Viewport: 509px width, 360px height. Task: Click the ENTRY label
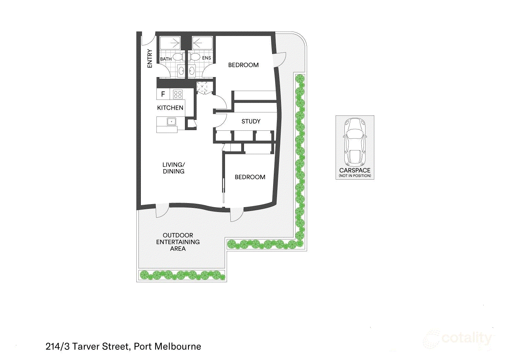150,58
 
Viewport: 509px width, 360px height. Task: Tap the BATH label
166,59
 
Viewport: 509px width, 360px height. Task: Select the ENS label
206,58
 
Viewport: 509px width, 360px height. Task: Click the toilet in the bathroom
177,56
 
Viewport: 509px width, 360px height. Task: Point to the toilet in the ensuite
195,56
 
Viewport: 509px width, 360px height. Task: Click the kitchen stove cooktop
178,94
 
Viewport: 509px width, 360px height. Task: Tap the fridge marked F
163,94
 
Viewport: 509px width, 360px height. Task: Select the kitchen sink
172,122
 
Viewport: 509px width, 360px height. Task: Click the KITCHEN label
170,108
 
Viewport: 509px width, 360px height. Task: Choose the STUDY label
251,121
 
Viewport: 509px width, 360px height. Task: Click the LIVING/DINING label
173,168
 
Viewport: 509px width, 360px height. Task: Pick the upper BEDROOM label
243,65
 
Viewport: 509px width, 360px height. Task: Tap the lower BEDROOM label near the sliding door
250,177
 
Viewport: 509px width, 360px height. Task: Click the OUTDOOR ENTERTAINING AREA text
178,242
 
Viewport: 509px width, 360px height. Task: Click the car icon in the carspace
355,141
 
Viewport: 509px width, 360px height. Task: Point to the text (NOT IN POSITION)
355,176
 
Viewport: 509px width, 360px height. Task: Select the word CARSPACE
355,170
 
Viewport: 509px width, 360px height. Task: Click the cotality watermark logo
458,339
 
